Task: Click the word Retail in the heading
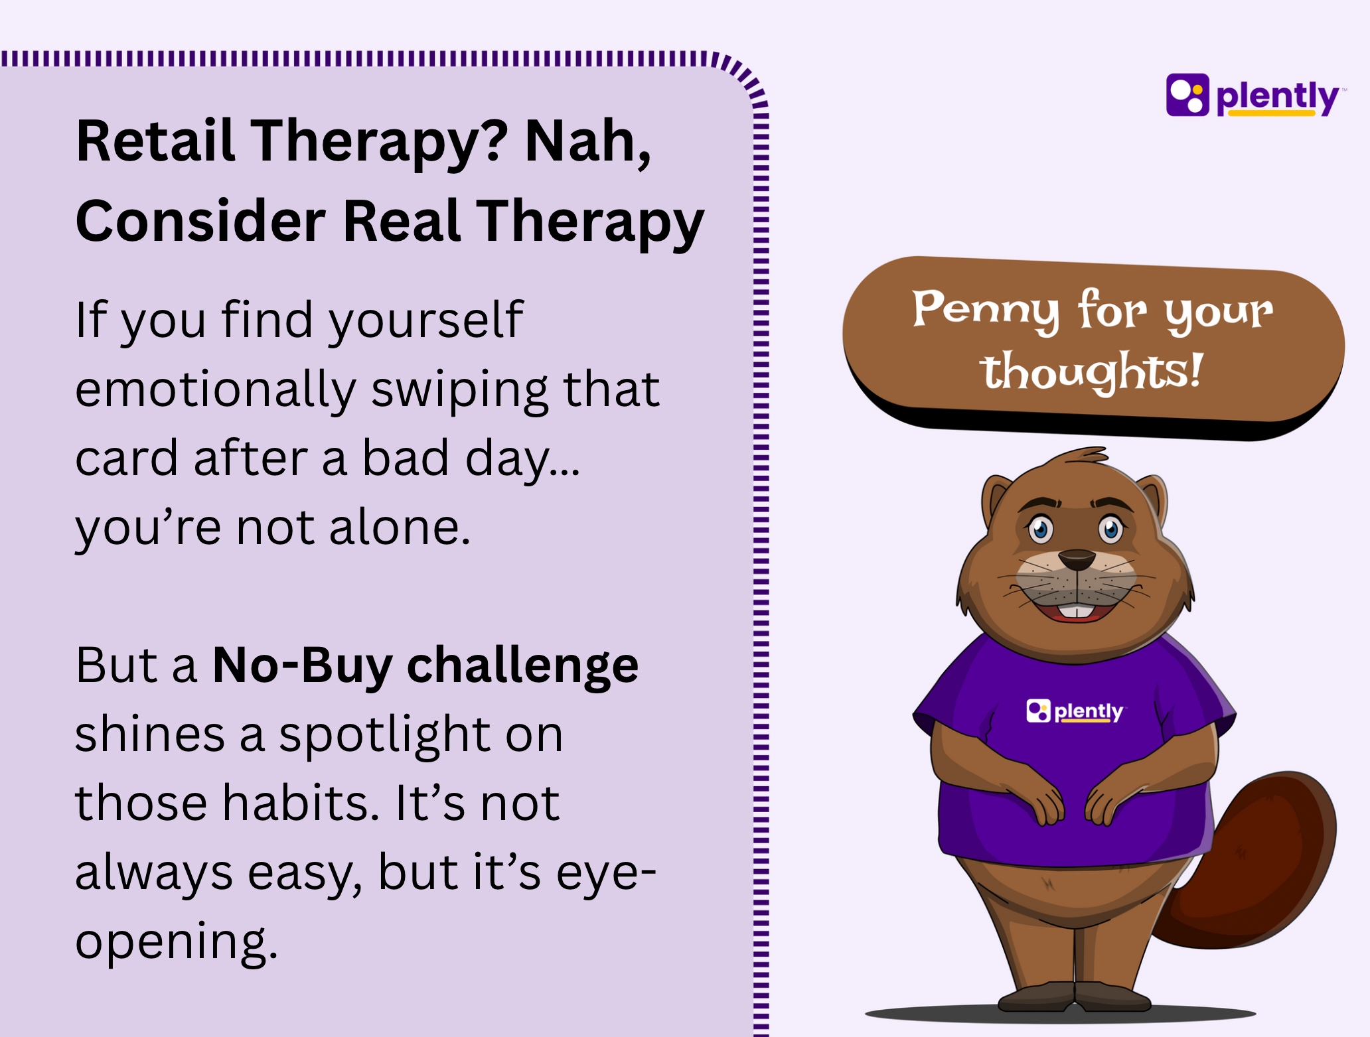coord(155,141)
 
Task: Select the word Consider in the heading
coord(200,221)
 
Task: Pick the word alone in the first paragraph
coord(400,527)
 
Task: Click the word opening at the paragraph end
coord(176,942)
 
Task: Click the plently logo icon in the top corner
coord(1187,95)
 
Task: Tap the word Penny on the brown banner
coord(985,310)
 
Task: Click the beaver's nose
coord(1077,560)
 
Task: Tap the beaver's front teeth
coord(1077,611)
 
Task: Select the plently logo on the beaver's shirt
coord(1075,711)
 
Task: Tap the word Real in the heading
coord(402,221)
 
